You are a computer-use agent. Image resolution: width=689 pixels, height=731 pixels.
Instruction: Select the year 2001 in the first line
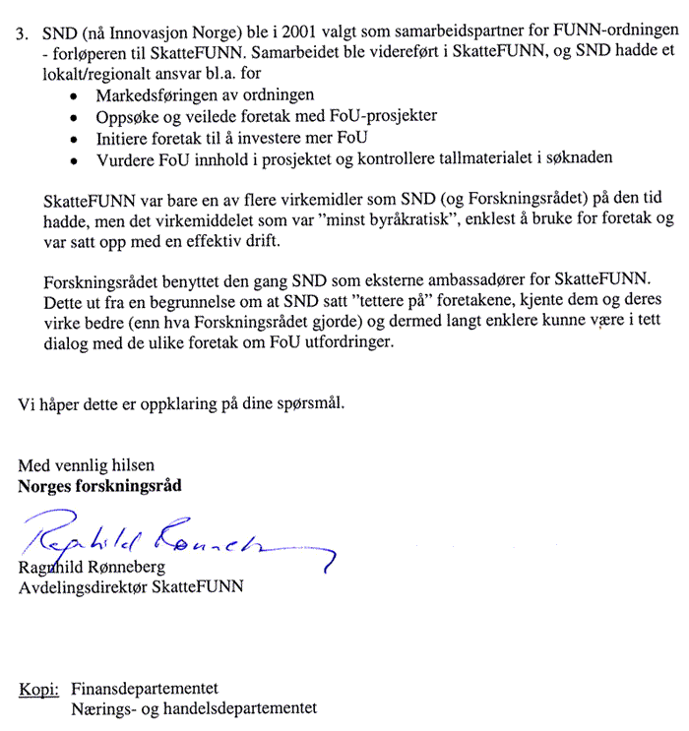282,31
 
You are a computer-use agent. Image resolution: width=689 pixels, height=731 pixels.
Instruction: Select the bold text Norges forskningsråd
99,486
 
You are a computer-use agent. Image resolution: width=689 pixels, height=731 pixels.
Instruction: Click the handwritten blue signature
167,538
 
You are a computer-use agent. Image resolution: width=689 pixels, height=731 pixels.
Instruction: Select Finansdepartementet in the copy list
144,688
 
